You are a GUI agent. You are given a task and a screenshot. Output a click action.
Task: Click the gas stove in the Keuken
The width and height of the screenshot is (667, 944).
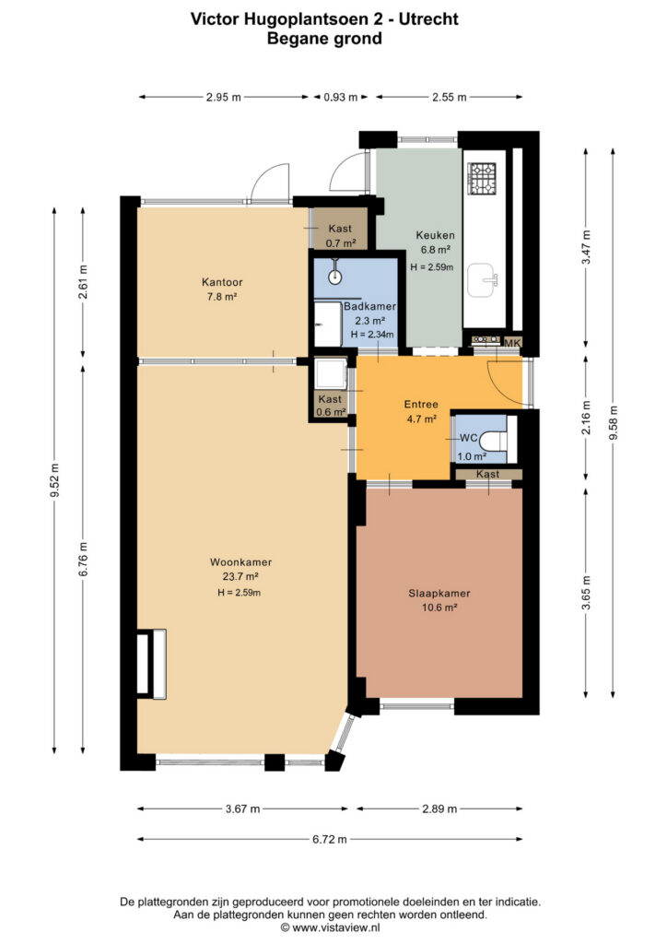click(x=482, y=179)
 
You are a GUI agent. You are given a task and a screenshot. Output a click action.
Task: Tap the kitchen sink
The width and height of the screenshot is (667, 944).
click(x=483, y=280)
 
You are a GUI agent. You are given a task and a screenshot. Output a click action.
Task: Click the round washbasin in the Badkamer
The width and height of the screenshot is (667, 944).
click(x=335, y=277)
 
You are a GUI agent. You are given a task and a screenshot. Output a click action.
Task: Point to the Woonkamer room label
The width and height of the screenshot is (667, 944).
click(x=240, y=562)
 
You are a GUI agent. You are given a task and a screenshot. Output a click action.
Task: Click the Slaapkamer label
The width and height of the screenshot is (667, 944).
click(x=439, y=593)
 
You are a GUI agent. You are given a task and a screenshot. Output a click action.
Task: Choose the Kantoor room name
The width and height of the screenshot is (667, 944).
click(x=222, y=282)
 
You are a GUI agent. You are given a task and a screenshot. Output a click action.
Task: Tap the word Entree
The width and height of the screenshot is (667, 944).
click(x=421, y=404)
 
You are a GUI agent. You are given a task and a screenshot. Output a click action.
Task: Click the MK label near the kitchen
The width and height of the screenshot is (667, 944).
click(x=512, y=343)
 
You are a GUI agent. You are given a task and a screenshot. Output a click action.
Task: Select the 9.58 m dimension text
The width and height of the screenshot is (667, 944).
click(x=614, y=424)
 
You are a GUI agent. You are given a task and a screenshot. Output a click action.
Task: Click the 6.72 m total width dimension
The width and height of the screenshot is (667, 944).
click(x=330, y=839)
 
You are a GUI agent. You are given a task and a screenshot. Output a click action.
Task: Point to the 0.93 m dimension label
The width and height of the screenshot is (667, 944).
click(x=341, y=97)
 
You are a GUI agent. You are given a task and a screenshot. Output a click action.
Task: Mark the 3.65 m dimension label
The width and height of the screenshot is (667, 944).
click(x=587, y=593)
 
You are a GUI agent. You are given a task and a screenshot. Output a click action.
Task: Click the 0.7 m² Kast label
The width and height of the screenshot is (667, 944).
click(x=341, y=243)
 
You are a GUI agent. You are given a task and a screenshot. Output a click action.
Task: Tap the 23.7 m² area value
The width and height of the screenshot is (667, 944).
click(x=240, y=577)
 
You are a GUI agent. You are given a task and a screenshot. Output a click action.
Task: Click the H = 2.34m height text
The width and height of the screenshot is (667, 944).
click(x=372, y=335)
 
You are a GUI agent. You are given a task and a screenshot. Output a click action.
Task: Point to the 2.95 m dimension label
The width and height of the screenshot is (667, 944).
click(x=223, y=97)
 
